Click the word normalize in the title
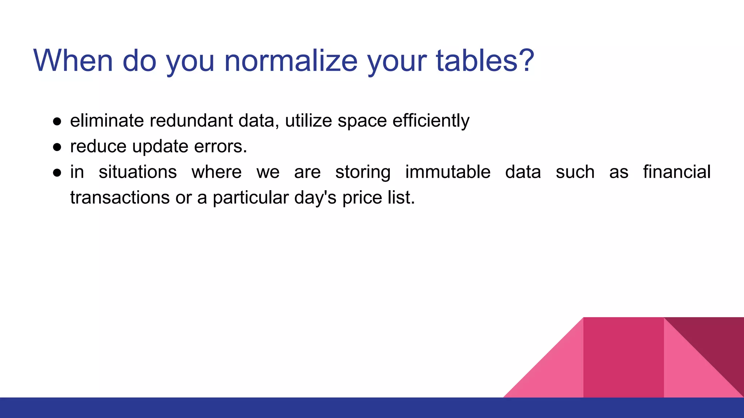pos(291,61)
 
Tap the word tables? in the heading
pos(485,61)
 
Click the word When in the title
pos(73,61)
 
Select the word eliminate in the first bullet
pos(107,121)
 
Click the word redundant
pos(191,121)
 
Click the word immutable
pos(448,172)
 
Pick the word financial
pos(676,172)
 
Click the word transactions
pos(120,198)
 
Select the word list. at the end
pos(401,198)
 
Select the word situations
pos(138,172)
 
